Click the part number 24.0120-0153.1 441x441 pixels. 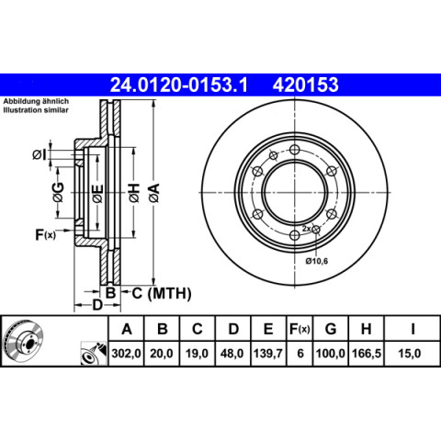[178, 85]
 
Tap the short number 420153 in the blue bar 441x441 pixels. [306, 85]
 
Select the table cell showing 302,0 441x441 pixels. [126, 354]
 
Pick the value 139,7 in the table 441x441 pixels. [268, 354]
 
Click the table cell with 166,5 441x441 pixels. [367, 354]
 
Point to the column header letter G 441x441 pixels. [331, 329]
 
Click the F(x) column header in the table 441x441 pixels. [300, 329]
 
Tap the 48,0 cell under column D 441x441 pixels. [232, 354]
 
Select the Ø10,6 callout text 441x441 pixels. [317, 261]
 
